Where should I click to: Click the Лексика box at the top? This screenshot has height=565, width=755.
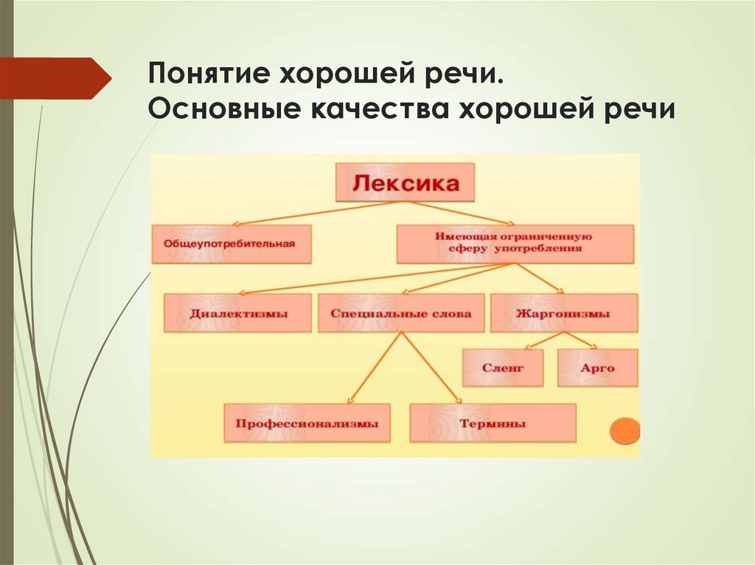(x=405, y=183)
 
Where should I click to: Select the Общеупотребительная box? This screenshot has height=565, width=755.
(x=232, y=244)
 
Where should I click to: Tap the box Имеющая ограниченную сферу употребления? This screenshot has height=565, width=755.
(x=515, y=244)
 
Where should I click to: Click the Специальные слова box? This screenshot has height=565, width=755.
(x=401, y=313)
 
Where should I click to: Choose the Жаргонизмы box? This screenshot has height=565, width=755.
(x=563, y=313)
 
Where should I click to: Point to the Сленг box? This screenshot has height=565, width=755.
(x=502, y=368)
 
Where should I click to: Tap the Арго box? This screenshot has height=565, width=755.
(x=597, y=368)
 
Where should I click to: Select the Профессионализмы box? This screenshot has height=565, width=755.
(x=307, y=423)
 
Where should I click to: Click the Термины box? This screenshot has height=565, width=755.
(x=493, y=423)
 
